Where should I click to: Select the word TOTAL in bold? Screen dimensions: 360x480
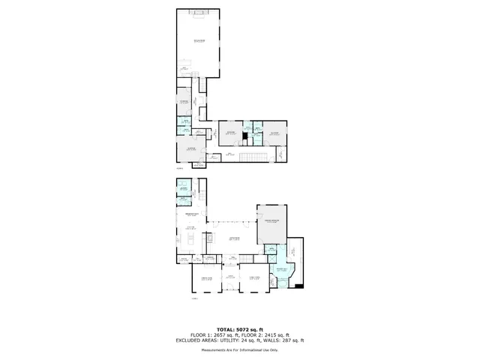(x=226, y=330)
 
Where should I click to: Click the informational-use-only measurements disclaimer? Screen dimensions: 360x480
(x=240, y=350)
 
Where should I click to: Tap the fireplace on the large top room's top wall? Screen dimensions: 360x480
(x=199, y=13)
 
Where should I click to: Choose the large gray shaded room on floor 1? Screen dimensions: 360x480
(x=271, y=223)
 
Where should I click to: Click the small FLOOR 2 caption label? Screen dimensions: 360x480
(x=180, y=169)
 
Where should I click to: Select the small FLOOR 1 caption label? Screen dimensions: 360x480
(x=195, y=298)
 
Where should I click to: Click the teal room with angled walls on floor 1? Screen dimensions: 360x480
(x=283, y=272)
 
